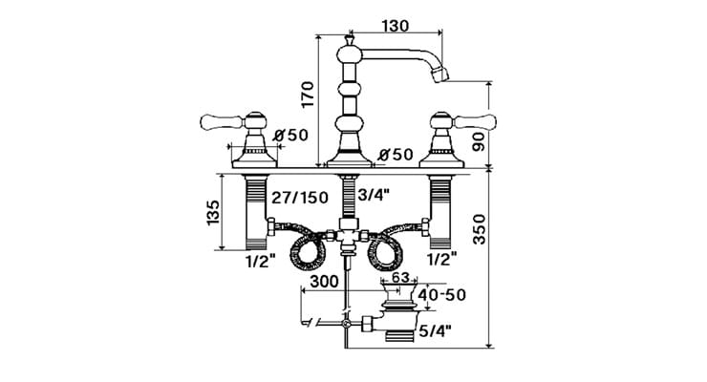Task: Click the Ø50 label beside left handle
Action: (290, 136)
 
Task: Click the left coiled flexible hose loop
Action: (308, 254)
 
